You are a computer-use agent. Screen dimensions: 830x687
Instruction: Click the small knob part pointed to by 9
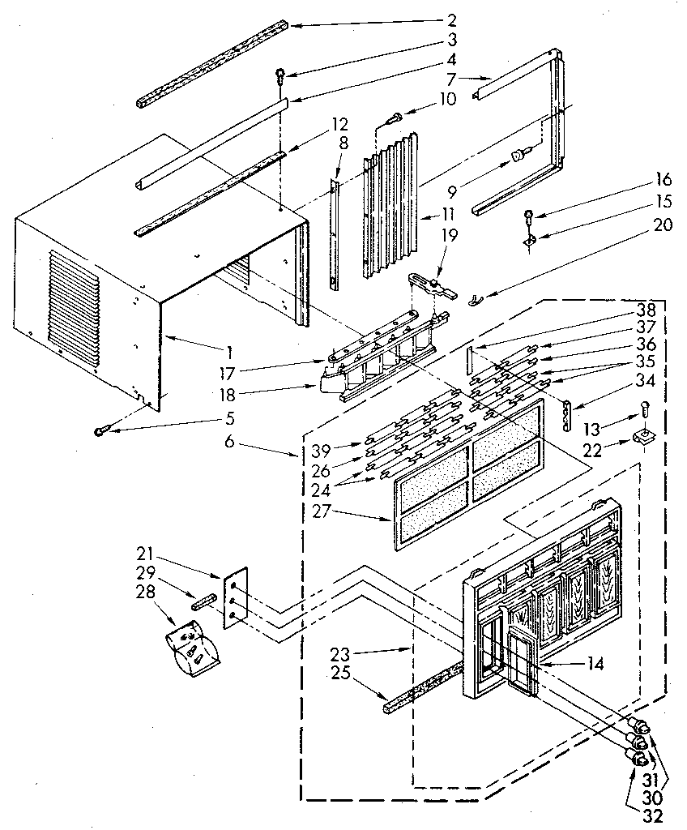click(x=519, y=154)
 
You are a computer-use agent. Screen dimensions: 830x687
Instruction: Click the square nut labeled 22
click(x=642, y=438)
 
